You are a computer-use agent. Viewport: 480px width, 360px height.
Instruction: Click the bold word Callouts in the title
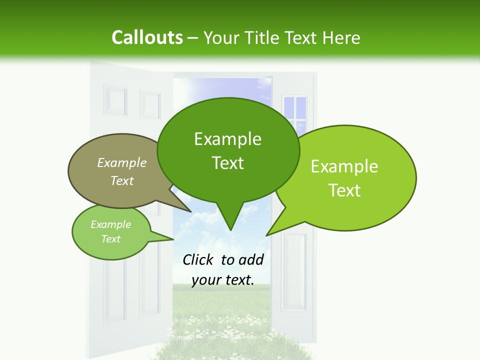coord(147,37)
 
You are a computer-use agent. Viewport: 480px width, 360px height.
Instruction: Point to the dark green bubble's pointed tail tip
coord(230,229)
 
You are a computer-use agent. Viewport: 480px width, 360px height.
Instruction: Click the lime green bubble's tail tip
coord(267,234)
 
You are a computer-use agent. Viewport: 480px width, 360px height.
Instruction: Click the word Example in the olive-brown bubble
coord(122,162)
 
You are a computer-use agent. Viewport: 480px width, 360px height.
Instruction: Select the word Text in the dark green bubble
coord(227,163)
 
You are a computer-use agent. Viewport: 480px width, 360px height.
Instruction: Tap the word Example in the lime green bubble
coord(344,166)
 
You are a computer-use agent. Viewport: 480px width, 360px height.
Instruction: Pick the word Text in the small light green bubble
coord(110,239)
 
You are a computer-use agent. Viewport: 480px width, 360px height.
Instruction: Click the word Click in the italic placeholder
coord(198,259)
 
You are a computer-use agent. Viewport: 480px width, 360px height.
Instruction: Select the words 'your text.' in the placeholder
coord(222,280)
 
